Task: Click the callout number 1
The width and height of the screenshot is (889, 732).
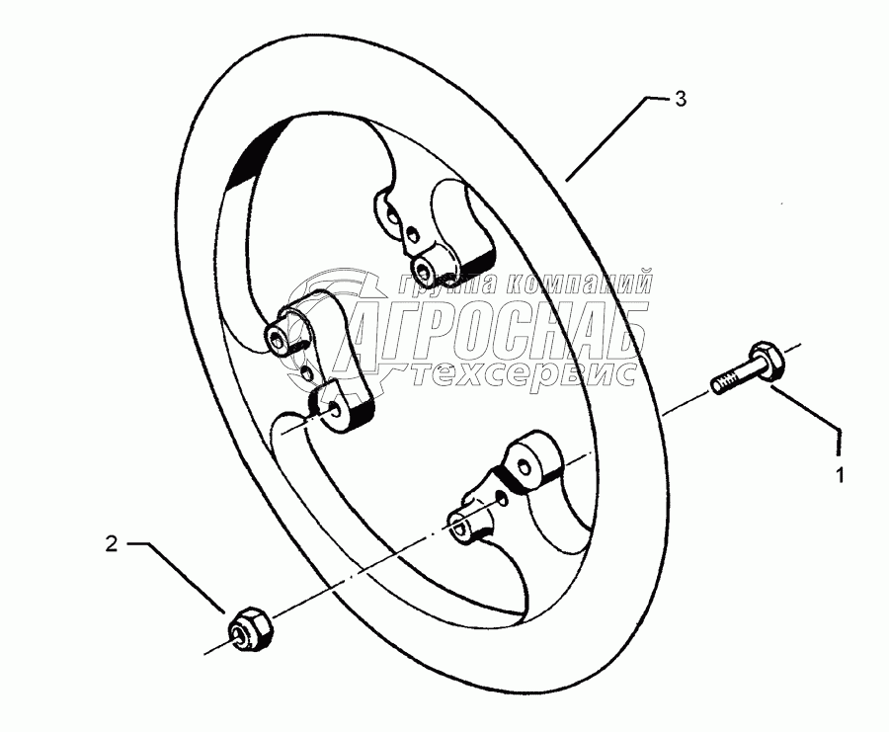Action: point(840,475)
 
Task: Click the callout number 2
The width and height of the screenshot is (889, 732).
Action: point(112,543)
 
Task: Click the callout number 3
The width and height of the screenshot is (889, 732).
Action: point(680,99)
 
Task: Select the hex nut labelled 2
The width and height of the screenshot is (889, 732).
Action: point(250,629)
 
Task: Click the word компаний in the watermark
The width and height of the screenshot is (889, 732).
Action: point(577,283)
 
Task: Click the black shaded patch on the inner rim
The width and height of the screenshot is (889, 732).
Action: point(252,153)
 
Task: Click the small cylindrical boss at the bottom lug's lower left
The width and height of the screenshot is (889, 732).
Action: point(462,525)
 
